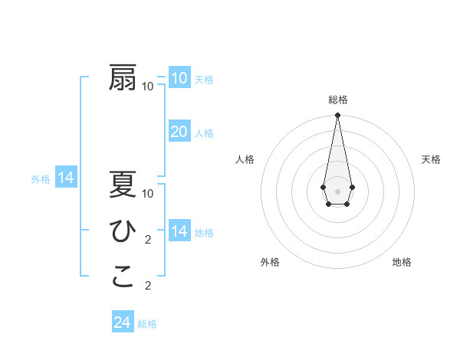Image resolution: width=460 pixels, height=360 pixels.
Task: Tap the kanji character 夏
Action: (x=123, y=185)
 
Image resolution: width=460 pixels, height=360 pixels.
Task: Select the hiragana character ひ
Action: (x=123, y=231)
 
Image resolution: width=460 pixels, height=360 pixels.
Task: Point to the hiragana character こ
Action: (x=123, y=277)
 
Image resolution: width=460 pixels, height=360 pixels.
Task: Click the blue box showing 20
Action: (x=179, y=132)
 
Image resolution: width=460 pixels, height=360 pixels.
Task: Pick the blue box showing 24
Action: (x=122, y=322)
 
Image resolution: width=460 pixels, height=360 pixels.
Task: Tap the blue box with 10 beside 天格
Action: (x=179, y=78)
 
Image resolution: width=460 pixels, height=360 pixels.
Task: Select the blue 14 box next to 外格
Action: (x=66, y=178)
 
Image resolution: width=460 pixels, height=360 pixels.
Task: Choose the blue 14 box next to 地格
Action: (x=179, y=231)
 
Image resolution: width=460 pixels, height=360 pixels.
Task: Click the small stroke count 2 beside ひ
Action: (x=148, y=240)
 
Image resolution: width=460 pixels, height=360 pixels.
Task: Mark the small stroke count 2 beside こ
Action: (x=148, y=286)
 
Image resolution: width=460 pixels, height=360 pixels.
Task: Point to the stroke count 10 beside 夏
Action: (x=148, y=193)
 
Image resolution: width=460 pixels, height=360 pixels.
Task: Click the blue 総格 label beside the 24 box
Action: (x=147, y=324)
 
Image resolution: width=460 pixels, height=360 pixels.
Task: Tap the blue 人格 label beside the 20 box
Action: (x=204, y=133)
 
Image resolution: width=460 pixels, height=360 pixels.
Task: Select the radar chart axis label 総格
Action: (x=337, y=100)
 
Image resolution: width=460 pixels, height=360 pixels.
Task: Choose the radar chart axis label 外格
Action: (x=270, y=262)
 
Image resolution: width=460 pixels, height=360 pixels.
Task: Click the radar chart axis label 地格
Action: (x=402, y=262)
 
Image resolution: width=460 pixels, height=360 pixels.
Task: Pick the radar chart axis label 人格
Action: (x=245, y=159)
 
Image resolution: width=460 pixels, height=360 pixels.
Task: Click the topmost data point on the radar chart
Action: (x=337, y=115)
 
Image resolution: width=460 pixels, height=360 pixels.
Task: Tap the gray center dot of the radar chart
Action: (x=337, y=190)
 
